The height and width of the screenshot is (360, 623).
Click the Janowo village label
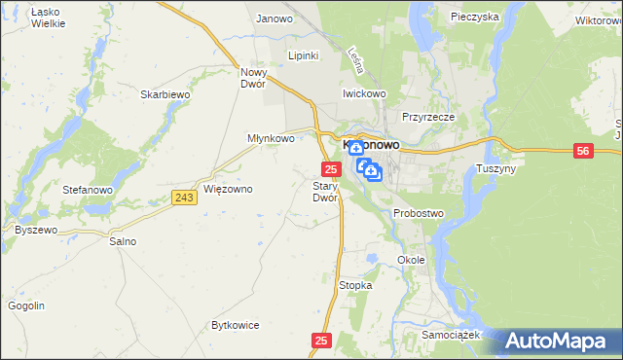275,18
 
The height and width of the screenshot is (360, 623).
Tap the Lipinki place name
304,55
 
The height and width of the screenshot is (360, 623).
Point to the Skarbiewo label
164,94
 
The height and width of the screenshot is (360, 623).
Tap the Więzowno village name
229,189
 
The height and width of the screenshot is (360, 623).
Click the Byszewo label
37,230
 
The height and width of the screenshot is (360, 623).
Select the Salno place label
123,240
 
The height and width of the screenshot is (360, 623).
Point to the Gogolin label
26,306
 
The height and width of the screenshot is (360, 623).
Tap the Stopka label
355,285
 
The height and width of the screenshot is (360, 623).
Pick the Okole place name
413,260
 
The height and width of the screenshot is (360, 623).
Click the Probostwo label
419,212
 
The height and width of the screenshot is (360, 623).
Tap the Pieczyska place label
475,17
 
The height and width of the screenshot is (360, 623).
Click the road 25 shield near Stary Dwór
330,169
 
